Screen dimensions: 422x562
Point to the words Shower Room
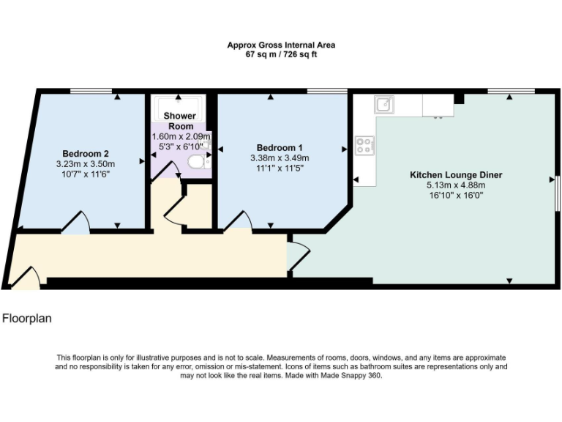pos(179,121)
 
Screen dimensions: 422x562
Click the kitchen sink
pos(384,105)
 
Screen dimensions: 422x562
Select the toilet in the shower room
pos(196,162)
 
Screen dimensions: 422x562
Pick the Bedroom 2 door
pos(77,223)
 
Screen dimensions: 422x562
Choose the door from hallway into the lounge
pos(299,254)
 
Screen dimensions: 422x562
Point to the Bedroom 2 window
pos(91,91)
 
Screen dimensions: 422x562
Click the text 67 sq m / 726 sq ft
pos(281,54)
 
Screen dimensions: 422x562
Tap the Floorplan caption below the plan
pos(27,319)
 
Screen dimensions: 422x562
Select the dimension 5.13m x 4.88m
pos(456,185)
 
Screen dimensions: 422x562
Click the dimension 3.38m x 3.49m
pos(280,158)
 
